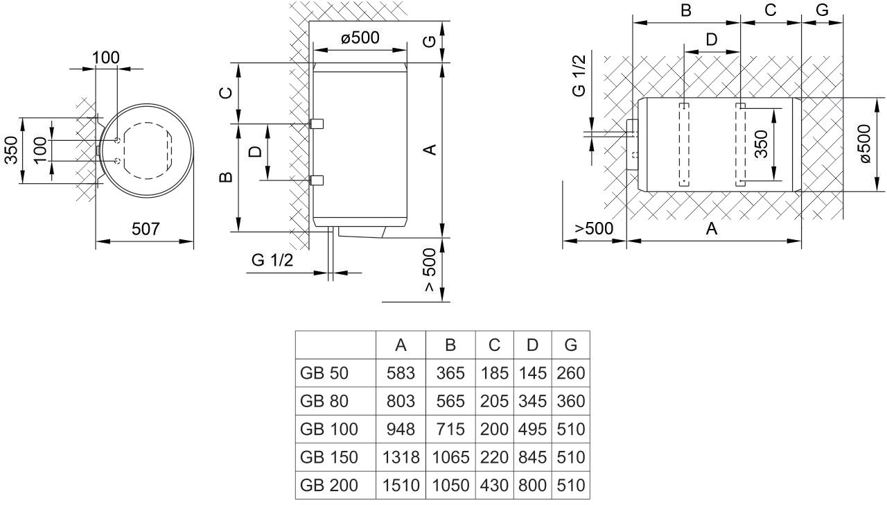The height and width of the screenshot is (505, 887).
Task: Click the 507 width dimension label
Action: [146, 229]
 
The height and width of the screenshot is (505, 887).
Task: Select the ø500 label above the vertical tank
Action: [360, 37]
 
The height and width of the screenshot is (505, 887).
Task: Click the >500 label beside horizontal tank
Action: [594, 229]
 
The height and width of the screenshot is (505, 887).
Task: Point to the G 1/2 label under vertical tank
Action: [273, 260]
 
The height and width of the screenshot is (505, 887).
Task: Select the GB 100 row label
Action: [329, 429]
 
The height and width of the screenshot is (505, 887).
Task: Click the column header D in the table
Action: [532, 345]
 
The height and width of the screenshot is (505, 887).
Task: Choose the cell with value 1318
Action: [401, 458]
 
